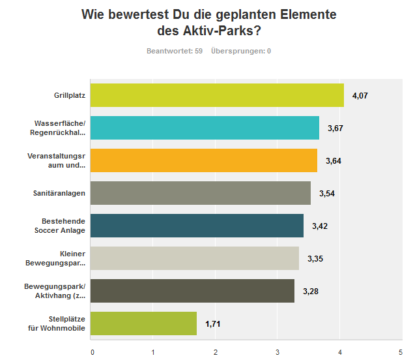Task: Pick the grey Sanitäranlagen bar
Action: pyautogui.click(x=200, y=193)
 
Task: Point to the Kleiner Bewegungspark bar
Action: pyautogui.click(x=194, y=258)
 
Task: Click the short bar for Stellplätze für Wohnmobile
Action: pyautogui.click(x=143, y=323)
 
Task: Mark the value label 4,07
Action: pyautogui.click(x=360, y=96)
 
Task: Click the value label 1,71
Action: pyautogui.click(x=214, y=324)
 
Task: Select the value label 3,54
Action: pyautogui.click(x=327, y=194)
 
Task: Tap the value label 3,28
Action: pyautogui.click(x=311, y=292)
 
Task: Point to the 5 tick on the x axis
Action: pyautogui.click(x=401, y=352)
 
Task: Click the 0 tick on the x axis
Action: pyautogui.click(x=93, y=352)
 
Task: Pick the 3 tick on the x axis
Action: pyautogui.click(x=278, y=352)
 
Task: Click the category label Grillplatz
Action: pyautogui.click(x=70, y=96)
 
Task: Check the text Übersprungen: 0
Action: pyautogui.click(x=240, y=51)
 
